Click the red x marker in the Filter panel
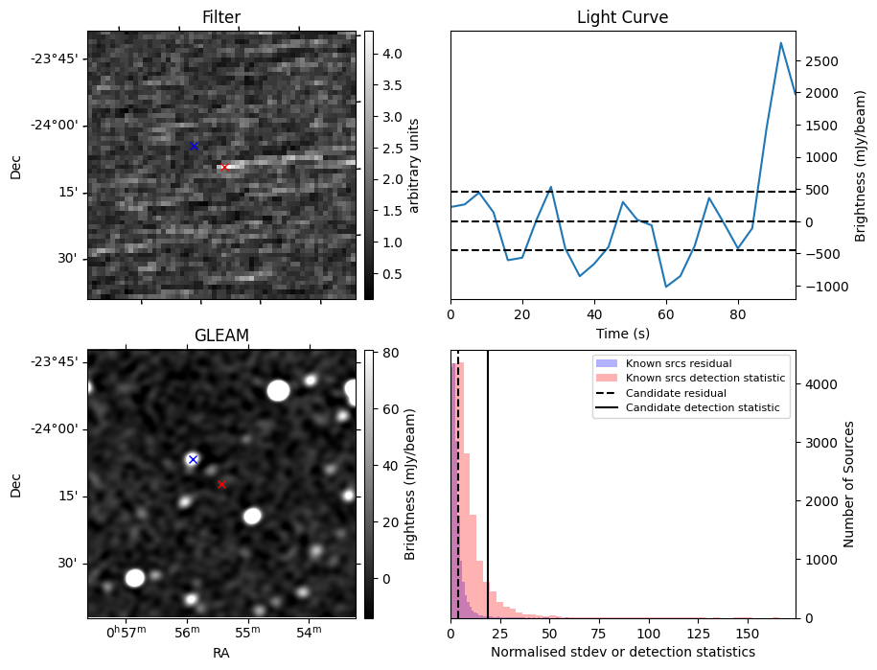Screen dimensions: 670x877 point(224,167)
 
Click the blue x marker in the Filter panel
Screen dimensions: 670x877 point(194,146)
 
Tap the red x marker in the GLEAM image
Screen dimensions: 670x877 point(221,484)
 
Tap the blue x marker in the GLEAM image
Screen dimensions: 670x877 point(193,459)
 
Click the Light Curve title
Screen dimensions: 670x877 point(622,17)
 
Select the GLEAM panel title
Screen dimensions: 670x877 point(221,335)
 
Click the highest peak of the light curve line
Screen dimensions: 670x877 point(781,43)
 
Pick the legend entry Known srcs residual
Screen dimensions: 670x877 point(679,363)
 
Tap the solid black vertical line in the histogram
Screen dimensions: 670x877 point(488,498)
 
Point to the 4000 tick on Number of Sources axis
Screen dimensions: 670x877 point(818,384)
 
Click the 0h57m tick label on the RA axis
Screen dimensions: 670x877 point(126,633)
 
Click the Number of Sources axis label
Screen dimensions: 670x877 point(849,484)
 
